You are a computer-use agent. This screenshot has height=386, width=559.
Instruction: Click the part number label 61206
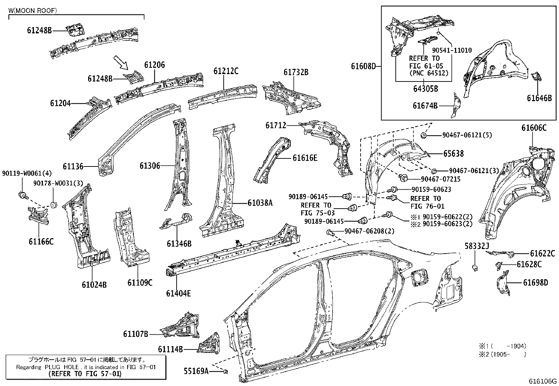coord(154,65)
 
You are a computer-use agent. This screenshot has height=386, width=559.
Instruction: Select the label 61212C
coord(226,71)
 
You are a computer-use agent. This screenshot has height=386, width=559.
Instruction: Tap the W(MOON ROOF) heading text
coord(32,11)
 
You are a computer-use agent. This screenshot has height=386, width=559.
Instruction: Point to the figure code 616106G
coord(543,381)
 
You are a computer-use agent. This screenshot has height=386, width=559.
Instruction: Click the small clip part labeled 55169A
coord(226,371)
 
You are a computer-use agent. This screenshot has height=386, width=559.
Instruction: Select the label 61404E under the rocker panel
coord(178,293)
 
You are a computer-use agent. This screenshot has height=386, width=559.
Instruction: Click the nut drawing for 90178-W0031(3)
coord(54,204)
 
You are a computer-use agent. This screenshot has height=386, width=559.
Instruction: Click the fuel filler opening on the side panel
coord(420,278)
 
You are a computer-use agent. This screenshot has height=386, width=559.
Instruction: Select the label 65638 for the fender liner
coord(453,153)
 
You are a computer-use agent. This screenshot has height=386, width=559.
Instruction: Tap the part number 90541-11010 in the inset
coord(452,50)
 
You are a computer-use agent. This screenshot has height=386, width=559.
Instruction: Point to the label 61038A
coord(260,203)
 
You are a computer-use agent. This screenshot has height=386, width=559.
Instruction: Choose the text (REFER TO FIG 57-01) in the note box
coord(86,374)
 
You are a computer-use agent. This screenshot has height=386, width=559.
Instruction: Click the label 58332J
coord(477,247)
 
